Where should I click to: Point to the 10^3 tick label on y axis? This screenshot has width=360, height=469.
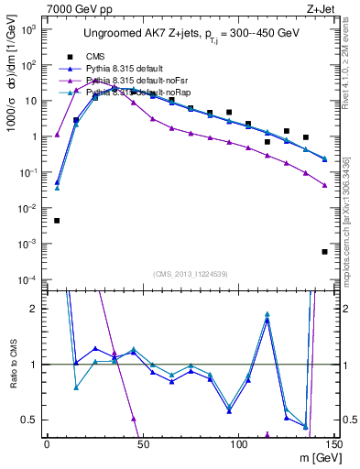[29, 30]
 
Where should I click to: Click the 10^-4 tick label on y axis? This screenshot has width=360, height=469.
[29, 279]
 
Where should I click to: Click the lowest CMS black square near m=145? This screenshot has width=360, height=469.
[324, 252]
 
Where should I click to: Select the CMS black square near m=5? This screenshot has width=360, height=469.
[57, 221]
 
